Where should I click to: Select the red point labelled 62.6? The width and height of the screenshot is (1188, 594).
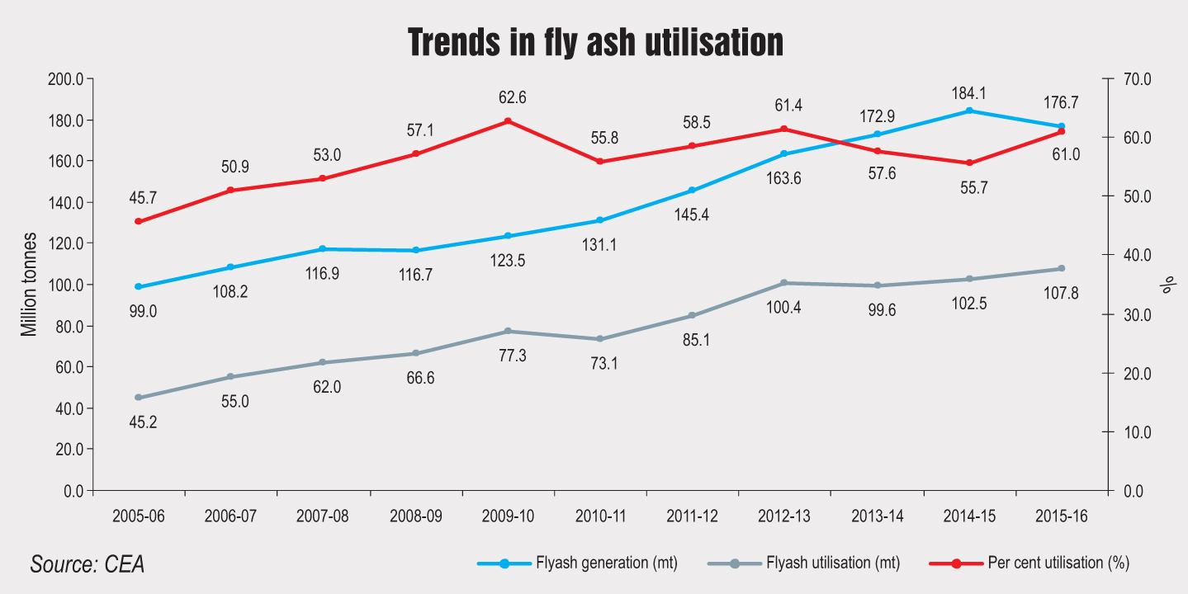(x=507, y=121)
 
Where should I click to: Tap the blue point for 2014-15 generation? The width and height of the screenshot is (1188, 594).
(x=969, y=111)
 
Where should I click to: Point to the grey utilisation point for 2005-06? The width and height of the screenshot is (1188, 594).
(x=138, y=398)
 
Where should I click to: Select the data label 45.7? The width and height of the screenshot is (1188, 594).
(x=143, y=198)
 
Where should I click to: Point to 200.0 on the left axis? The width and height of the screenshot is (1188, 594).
(x=67, y=79)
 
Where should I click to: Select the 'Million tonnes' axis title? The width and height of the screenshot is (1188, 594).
(x=30, y=285)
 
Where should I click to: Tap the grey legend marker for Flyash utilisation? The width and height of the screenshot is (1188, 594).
(x=734, y=563)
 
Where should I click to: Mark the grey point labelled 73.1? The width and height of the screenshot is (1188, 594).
(x=599, y=339)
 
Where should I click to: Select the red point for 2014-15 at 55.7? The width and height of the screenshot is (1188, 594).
(x=969, y=163)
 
